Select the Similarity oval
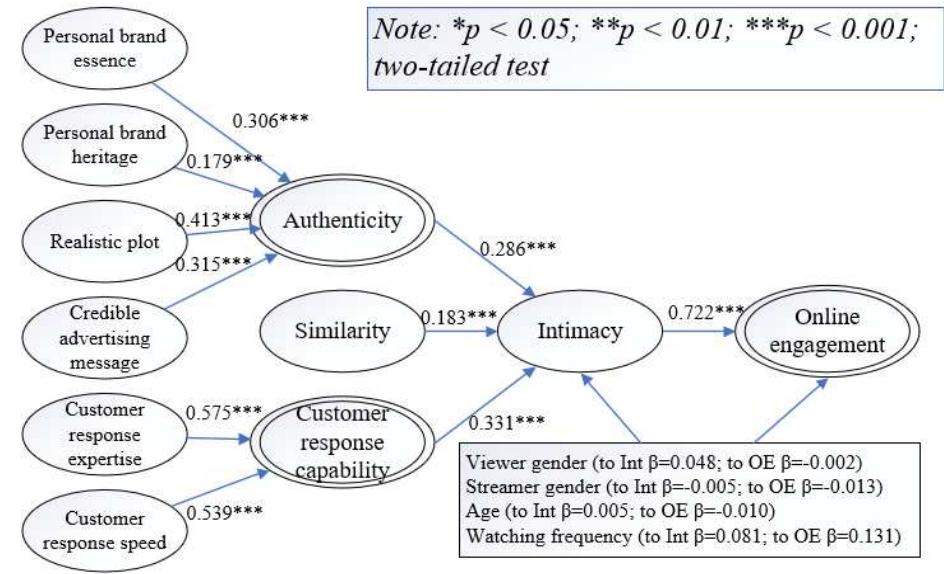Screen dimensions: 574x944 point(342,333)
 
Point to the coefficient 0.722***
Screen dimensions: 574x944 point(706,311)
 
